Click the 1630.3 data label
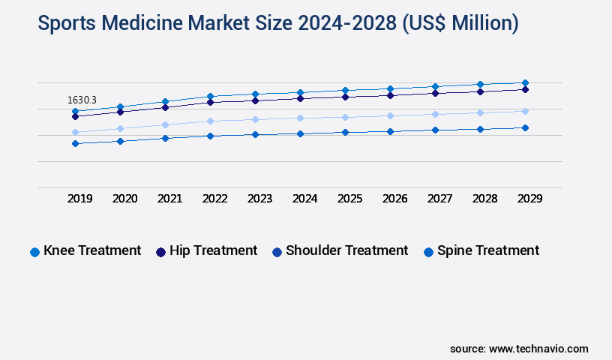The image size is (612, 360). (x=82, y=100)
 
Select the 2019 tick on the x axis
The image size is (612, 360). (x=80, y=199)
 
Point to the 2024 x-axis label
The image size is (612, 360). (x=304, y=199)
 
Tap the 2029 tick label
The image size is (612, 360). (x=529, y=199)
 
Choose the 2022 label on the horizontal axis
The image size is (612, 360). (x=214, y=199)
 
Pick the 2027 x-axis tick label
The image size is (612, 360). (x=439, y=199)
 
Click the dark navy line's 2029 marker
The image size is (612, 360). (x=525, y=89)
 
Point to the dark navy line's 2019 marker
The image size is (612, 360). (x=75, y=116)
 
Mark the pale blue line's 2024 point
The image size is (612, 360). (x=300, y=118)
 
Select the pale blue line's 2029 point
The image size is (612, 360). (x=525, y=111)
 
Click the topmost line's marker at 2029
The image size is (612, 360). (x=525, y=82)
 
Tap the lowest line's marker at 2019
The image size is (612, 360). (x=75, y=143)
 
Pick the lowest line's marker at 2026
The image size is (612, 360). (x=390, y=131)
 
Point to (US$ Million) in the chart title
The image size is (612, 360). (x=460, y=23)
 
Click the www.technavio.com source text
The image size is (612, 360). (x=538, y=349)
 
